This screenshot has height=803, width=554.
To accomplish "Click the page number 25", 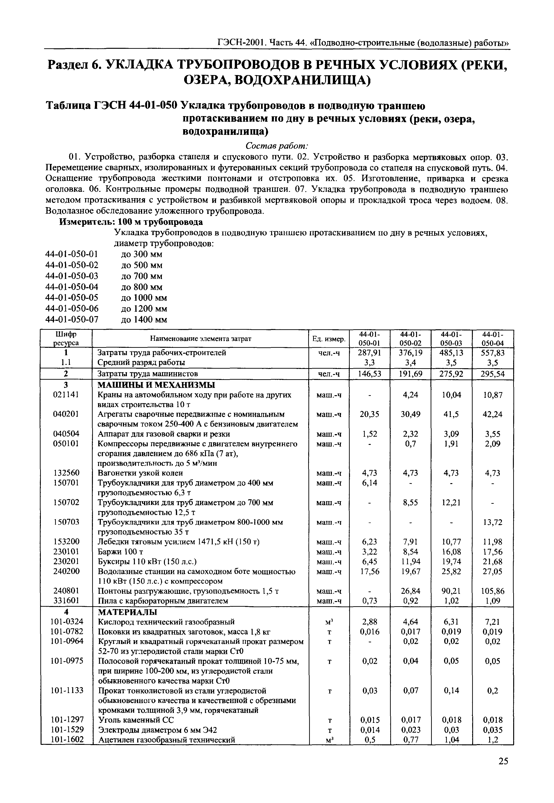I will click(503, 771).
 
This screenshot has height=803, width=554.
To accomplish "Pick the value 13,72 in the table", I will click(493, 522).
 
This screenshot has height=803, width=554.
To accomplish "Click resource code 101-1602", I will click(67, 739).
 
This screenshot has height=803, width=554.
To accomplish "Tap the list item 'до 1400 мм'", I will click(144, 320).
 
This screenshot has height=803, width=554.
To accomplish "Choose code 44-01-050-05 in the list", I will click(72, 298).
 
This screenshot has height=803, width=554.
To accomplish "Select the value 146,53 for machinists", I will click(369, 374).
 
